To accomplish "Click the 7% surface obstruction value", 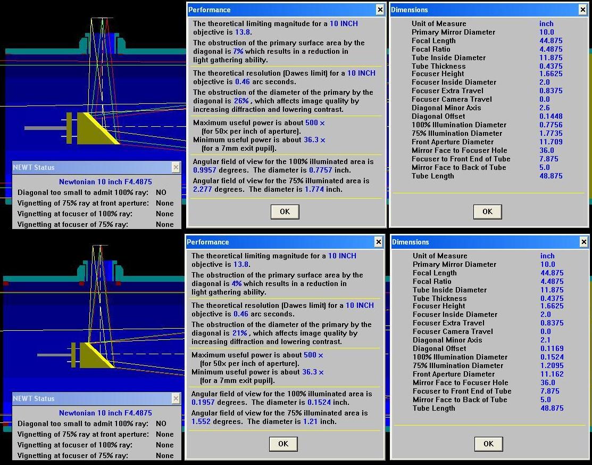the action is pyautogui.click(x=238, y=52).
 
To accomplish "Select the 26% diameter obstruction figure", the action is pyautogui.click(x=241, y=101).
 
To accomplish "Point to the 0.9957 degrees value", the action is pyautogui.click(x=205, y=170).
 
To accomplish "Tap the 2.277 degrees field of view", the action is pyautogui.click(x=202, y=190).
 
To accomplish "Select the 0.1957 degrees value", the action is pyautogui.click(x=203, y=402).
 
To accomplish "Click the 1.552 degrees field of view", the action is pyautogui.click(x=201, y=421).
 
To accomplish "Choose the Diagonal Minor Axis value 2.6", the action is pyautogui.click(x=545, y=108).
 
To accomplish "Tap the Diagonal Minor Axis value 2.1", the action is pyautogui.click(x=546, y=340).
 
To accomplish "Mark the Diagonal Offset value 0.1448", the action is pyautogui.click(x=551, y=117).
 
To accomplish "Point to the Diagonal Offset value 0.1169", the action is pyautogui.click(x=552, y=348).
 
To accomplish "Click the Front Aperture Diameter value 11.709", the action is pyautogui.click(x=551, y=142).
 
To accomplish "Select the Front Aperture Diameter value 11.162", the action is pyautogui.click(x=552, y=374).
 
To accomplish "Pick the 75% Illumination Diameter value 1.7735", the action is pyautogui.click(x=551, y=134).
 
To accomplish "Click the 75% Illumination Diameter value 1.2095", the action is pyautogui.click(x=552, y=365).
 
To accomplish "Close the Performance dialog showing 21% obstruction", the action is pyautogui.click(x=378, y=242).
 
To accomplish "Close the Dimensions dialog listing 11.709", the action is pyautogui.click(x=582, y=10).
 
